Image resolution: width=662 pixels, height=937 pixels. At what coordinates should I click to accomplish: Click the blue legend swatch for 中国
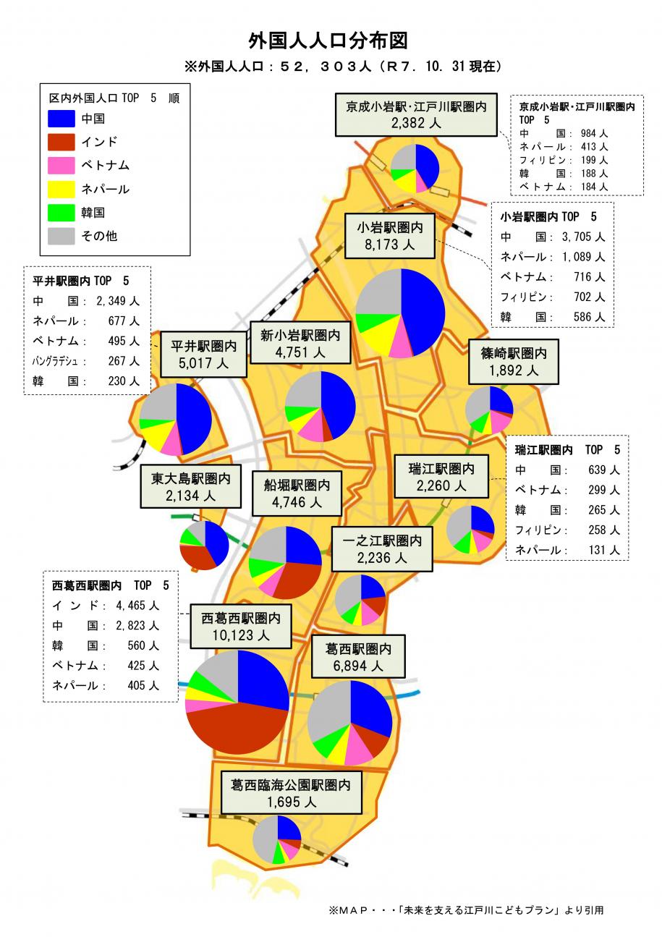[61, 118]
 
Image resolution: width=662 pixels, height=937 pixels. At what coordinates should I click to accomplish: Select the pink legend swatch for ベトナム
[61, 165]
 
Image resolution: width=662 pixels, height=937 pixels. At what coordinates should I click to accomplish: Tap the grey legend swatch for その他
[61, 236]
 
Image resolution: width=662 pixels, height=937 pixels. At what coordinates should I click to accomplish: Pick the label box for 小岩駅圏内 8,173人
[389, 235]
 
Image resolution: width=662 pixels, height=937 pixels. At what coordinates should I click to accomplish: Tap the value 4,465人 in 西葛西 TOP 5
[137, 606]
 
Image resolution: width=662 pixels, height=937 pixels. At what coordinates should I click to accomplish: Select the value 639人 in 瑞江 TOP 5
[604, 470]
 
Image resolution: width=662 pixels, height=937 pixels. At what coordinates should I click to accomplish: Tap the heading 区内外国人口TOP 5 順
[114, 98]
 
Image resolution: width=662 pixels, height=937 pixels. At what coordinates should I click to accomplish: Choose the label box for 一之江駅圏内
[382, 548]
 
